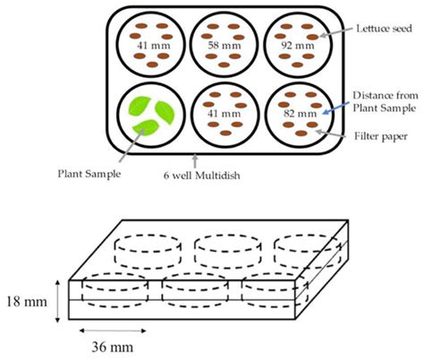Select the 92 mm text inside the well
click(x=301, y=43)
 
